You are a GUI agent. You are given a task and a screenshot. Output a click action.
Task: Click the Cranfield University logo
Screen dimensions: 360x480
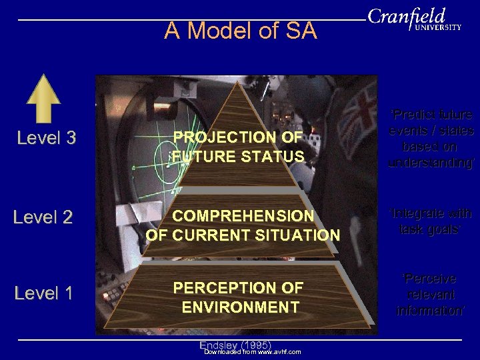point(414,19)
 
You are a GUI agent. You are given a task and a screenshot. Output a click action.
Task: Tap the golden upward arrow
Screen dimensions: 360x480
point(43,98)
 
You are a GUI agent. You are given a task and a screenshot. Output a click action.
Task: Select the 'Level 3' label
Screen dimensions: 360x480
point(46,138)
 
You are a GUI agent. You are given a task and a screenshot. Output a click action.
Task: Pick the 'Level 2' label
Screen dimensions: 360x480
point(43,217)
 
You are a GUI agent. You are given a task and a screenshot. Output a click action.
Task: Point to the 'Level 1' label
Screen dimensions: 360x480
point(43,293)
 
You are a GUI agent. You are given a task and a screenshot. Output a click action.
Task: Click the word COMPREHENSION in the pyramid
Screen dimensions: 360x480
point(243,216)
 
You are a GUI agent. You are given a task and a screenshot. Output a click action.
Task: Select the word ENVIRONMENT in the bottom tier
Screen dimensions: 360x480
point(240,307)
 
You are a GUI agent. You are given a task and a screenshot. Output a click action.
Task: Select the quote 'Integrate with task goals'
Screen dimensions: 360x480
point(431,221)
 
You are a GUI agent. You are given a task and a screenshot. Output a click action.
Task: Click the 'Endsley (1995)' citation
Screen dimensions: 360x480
point(235,344)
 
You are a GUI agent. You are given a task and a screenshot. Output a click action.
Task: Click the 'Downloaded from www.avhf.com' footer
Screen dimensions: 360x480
point(252,352)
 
